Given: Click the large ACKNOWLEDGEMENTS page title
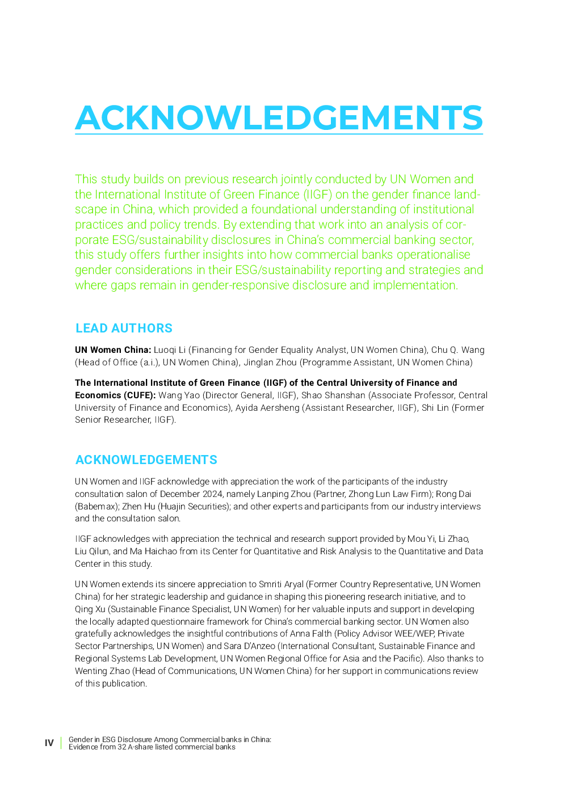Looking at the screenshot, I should (279, 117).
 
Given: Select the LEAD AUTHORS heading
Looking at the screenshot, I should (124, 328).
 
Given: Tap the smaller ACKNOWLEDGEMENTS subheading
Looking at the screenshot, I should (146, 460).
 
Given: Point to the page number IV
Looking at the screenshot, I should (49, 743).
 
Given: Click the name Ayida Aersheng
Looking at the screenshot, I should (267, 408).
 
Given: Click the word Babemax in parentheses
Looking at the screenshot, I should (96, 507).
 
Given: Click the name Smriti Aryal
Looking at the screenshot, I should (281, 584).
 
